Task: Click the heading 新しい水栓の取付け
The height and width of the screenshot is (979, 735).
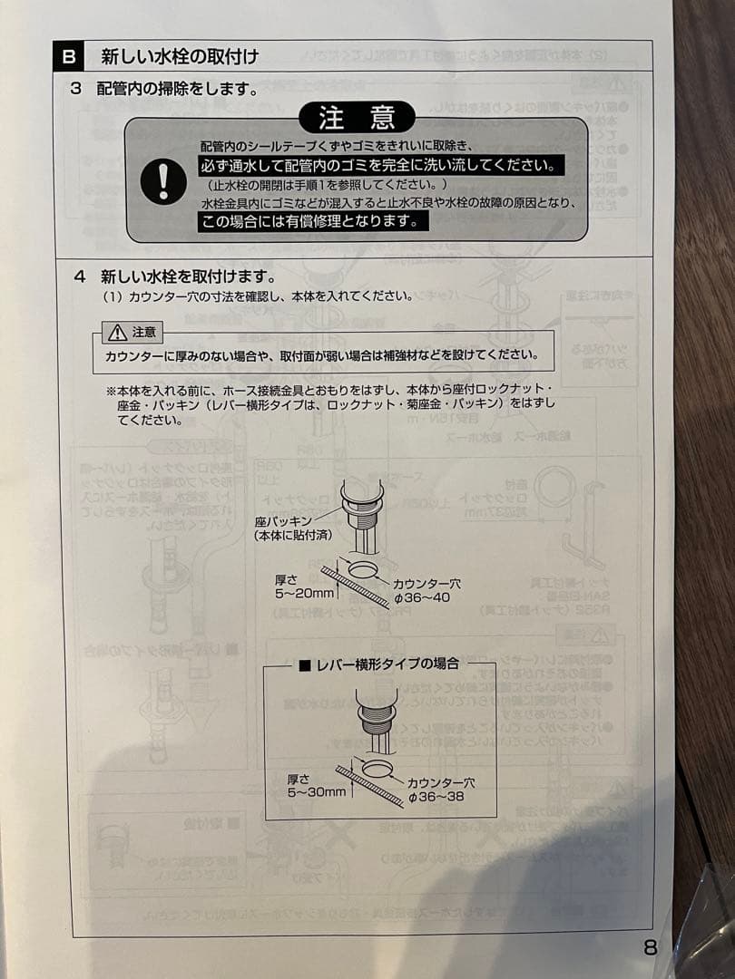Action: pyautogui.click(x=180, y=57)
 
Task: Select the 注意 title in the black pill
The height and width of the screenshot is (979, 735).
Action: pyautogui.click(x=357, y=118)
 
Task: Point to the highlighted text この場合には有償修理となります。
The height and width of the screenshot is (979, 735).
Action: pyautogui.click(x=311, y=221)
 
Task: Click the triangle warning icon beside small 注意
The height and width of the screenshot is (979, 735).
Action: pyautogui.click(x=118, y=333)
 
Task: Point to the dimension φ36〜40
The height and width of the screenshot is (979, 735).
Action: pyautogui.click(x=422, y=597)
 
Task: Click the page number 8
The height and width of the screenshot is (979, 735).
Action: pyautogui.click(x=650, y=947)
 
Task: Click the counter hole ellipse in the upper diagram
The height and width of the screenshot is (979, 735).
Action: pyautogui.click(x=363, y=570)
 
